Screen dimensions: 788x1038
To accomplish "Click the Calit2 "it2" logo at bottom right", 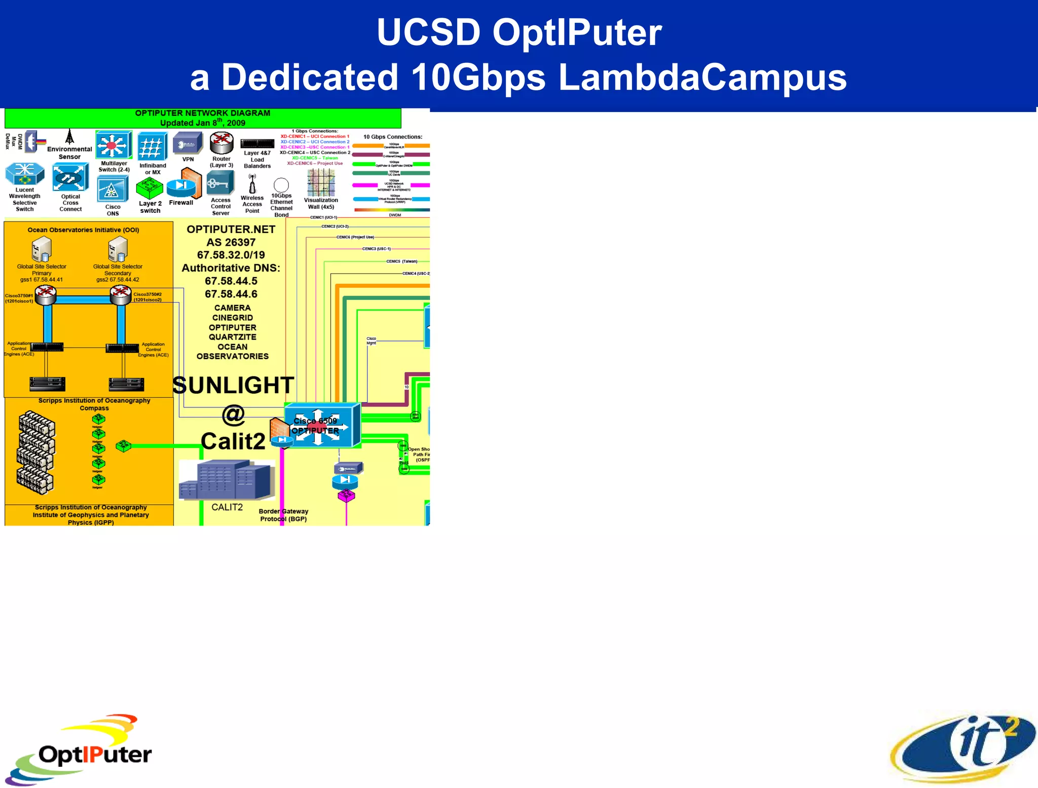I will pos(963,747).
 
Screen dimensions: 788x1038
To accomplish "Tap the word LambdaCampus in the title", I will pos(702,78).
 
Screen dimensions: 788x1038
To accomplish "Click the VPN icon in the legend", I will pos(188,143).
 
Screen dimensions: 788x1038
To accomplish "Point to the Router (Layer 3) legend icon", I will pos(221,143).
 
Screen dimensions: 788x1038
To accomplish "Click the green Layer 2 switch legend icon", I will pos(150,189).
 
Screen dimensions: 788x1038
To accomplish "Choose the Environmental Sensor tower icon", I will pos(70,137).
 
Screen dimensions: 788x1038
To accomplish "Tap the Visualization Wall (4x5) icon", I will pos(321,182).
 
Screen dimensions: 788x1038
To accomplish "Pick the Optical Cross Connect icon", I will pos(70,177).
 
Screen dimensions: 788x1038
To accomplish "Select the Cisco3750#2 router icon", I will pos(121,294).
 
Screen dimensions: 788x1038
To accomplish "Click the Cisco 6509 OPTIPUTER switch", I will pos(322,426).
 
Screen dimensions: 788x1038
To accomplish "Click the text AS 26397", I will pos(231,242).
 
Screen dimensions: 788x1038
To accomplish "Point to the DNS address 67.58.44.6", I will pos(231,294).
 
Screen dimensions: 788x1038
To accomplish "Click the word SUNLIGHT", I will pos(233,385).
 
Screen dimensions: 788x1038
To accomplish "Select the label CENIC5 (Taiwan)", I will pos(402,261).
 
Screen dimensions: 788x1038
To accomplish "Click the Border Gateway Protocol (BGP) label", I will pos(283,515).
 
